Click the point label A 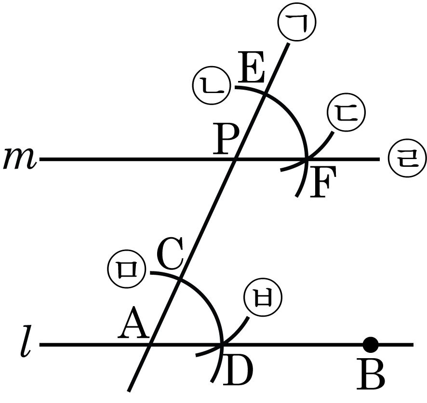pyautogui.click(x=133, y=322)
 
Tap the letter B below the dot pyautogui.click(x=371, y=375)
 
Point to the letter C pyautogui.click(x=170, y=253)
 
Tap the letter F pyautogui.click(x=323, y=181)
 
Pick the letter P pyautogui.click(x=226, y=138)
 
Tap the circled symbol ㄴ pyautogui.click(x=212, y=85)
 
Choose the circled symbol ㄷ pyautogui.click(x=347, y=112)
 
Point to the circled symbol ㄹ pyautogui.click(x=407, y=159)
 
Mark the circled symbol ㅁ pyautogui.click(x=126, y=269)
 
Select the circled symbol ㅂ pyautogui.click(x=263, y=297)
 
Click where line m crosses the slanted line pyautogui.click(x=235, y=159)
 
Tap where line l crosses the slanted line pyautogui.click(x=150, y=345)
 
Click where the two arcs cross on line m pyautogui.click(x=307, y=160)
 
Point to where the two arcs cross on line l pyautogui.click(x=222, y=345)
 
